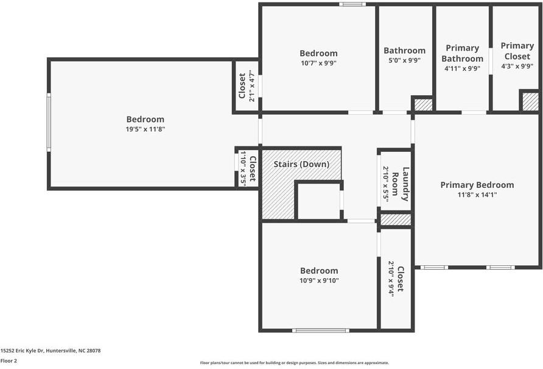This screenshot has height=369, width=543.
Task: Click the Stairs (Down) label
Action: click(x=301, y=164)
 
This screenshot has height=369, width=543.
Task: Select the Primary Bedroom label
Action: click(x=477, y=185)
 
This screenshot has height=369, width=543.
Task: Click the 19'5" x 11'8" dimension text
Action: click(x=145, y=129)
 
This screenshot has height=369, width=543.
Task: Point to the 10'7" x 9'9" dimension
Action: click(x=318, y=63)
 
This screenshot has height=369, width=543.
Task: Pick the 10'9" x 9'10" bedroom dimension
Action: click(x=319, y=281)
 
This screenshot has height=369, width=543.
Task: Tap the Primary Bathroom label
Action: click(x=462, y=53)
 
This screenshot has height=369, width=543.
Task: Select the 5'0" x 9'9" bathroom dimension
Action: click(x=404, y=60)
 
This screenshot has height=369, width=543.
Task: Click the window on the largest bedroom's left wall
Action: click(x=49, y=122)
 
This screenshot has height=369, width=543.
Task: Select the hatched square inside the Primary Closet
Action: click(x=530, y=101)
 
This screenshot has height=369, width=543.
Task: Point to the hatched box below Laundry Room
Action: click(x=396, y=219)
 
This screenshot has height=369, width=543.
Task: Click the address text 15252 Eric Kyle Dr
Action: click(x=51, y=351)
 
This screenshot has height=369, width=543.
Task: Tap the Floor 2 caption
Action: click(x=9, y=360)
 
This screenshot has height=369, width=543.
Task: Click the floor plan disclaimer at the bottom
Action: click(x=294, y=363)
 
